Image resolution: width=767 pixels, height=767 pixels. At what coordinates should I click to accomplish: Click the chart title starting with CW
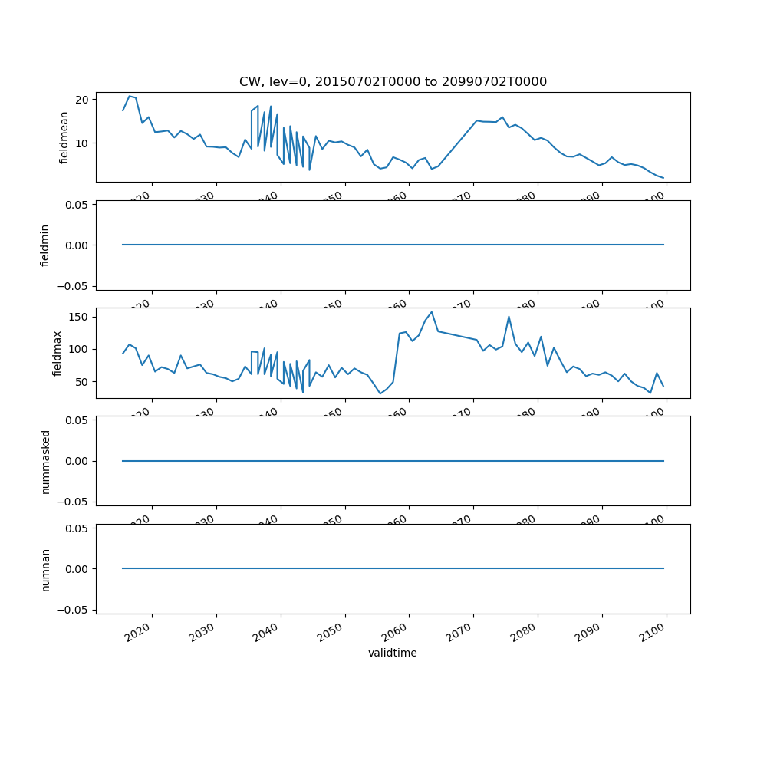(393, 82)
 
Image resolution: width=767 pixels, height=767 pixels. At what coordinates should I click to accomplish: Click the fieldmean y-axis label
(64, 137)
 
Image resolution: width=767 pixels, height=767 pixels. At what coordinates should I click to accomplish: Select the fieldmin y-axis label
(45, 245)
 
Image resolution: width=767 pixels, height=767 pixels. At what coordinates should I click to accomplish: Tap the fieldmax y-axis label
(57, 353)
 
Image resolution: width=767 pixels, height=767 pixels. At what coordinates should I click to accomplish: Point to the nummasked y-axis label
(45, 461)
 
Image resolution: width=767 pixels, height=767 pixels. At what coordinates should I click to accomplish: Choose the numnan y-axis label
(45, 569)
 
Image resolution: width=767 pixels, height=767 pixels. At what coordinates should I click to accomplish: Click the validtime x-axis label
(393, 653)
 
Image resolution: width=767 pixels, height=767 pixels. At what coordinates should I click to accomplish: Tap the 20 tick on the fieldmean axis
(82, 100)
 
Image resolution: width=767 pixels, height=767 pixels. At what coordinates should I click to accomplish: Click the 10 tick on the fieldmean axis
(82, 143)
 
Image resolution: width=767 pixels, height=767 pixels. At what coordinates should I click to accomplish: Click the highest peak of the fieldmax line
(432, 312)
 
